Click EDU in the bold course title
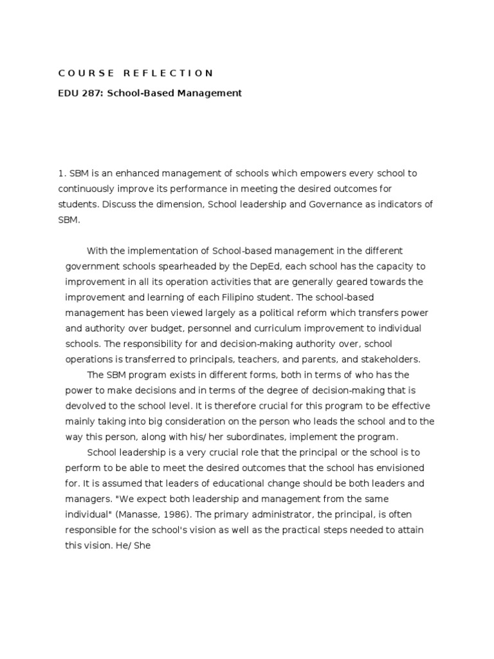click(x=68, y=93)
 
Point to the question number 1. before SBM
click(x=62, y=174)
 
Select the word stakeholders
click(x=391, y=359)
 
